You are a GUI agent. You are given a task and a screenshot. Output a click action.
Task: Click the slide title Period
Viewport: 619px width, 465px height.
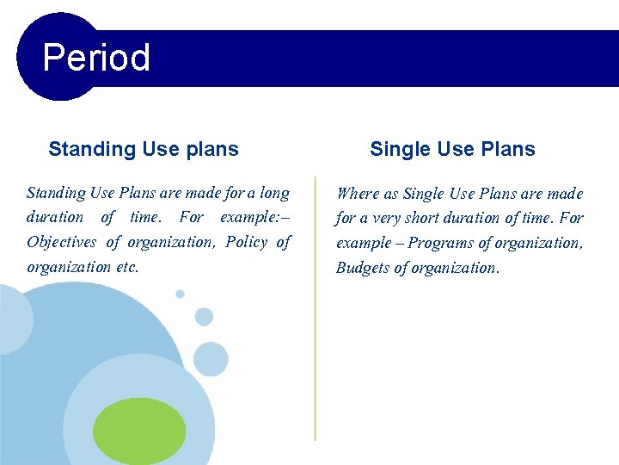[x=96, y=59]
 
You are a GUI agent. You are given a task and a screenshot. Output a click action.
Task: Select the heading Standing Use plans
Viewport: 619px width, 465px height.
[x=144, y=149]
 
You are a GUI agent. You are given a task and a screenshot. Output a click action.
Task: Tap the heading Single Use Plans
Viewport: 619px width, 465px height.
[x=452, y=149]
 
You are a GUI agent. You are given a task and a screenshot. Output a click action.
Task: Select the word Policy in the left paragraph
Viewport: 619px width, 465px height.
[x=246, y=242]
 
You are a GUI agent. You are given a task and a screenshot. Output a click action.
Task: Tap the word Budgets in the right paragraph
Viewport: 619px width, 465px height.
[x=364, y=268]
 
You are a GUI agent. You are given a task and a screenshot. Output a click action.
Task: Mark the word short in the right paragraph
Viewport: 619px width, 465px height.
[x=436, y=219]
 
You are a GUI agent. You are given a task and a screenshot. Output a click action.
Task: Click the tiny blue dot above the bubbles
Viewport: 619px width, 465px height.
[x=180, y=294]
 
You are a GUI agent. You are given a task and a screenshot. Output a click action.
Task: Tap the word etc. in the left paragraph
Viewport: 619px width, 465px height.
[x=126, y=267]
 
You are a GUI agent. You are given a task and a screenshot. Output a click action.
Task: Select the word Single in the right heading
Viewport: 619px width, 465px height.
[x=397, y=149]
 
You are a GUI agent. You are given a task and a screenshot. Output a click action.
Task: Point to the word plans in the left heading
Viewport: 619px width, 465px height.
[x=211, y=149]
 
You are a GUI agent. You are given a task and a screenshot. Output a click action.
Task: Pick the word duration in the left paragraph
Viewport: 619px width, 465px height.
[x=55, y=217]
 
